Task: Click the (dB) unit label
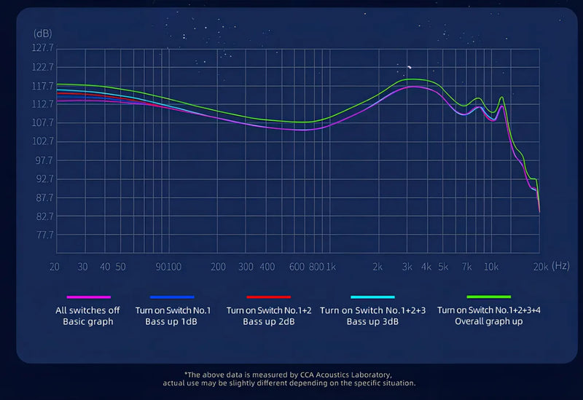coord(42,34)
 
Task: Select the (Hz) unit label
coord(560,267)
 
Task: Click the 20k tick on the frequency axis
coord(539,267)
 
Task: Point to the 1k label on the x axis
coord(330,267)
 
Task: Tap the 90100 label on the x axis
coord(169,267)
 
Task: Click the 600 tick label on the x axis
coord(297,267)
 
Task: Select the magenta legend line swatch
coord(88,297)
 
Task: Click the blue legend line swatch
coord(172,297)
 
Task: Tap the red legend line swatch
coord(268,297)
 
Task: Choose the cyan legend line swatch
coord(372,297)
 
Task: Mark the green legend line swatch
coord(488,297)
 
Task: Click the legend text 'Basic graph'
coord(88,321)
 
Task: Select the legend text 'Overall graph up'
coord(488,321)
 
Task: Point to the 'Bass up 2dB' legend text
coord(268,321)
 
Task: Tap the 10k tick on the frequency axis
coord(491,267)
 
